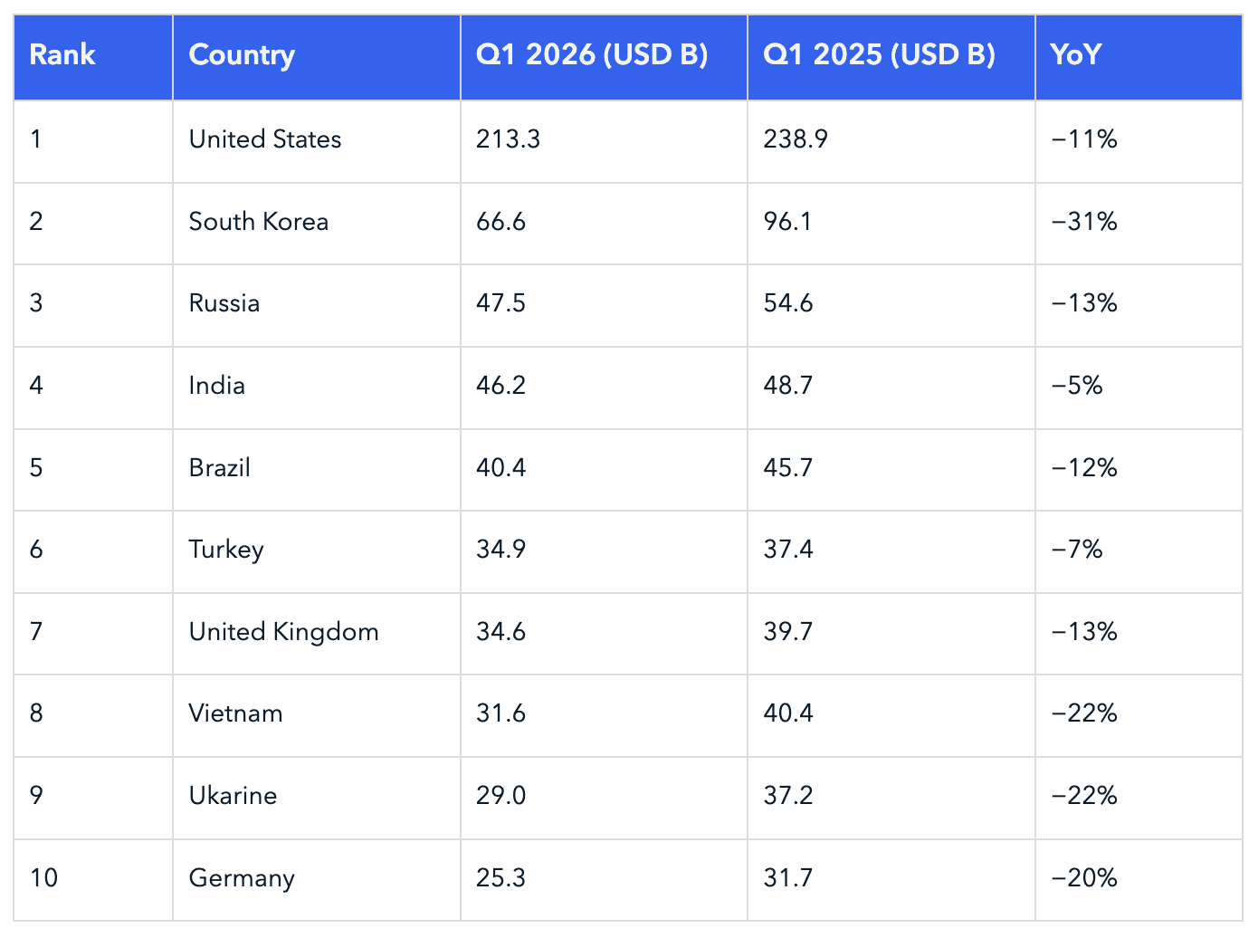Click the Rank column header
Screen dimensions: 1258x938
(62, 55)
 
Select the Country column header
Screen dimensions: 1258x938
(242, 56)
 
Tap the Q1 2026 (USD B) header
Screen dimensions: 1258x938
(592, 55)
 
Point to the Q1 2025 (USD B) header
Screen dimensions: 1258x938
(879, 55)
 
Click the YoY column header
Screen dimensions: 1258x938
(1076, 55)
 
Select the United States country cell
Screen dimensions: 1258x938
(265, 139)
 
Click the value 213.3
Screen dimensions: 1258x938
(508, 139)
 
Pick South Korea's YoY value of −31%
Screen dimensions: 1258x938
(1084, 221)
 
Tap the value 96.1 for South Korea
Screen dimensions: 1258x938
(787, 221)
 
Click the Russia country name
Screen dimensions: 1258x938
(224, 303)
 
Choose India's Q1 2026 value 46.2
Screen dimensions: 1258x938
(500, 386)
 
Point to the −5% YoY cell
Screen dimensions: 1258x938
(1077, 386)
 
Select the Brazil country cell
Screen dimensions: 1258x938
(220, 467)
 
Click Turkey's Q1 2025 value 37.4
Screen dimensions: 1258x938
(788, 550)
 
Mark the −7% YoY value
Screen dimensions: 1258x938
(1077, 550)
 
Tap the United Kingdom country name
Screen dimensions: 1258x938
(283, 632)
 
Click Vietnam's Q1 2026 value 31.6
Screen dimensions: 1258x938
(500, 713)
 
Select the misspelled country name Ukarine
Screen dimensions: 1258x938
(233, 795)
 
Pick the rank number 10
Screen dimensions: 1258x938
(43, 878)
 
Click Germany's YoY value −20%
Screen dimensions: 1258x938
(1084, 878)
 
